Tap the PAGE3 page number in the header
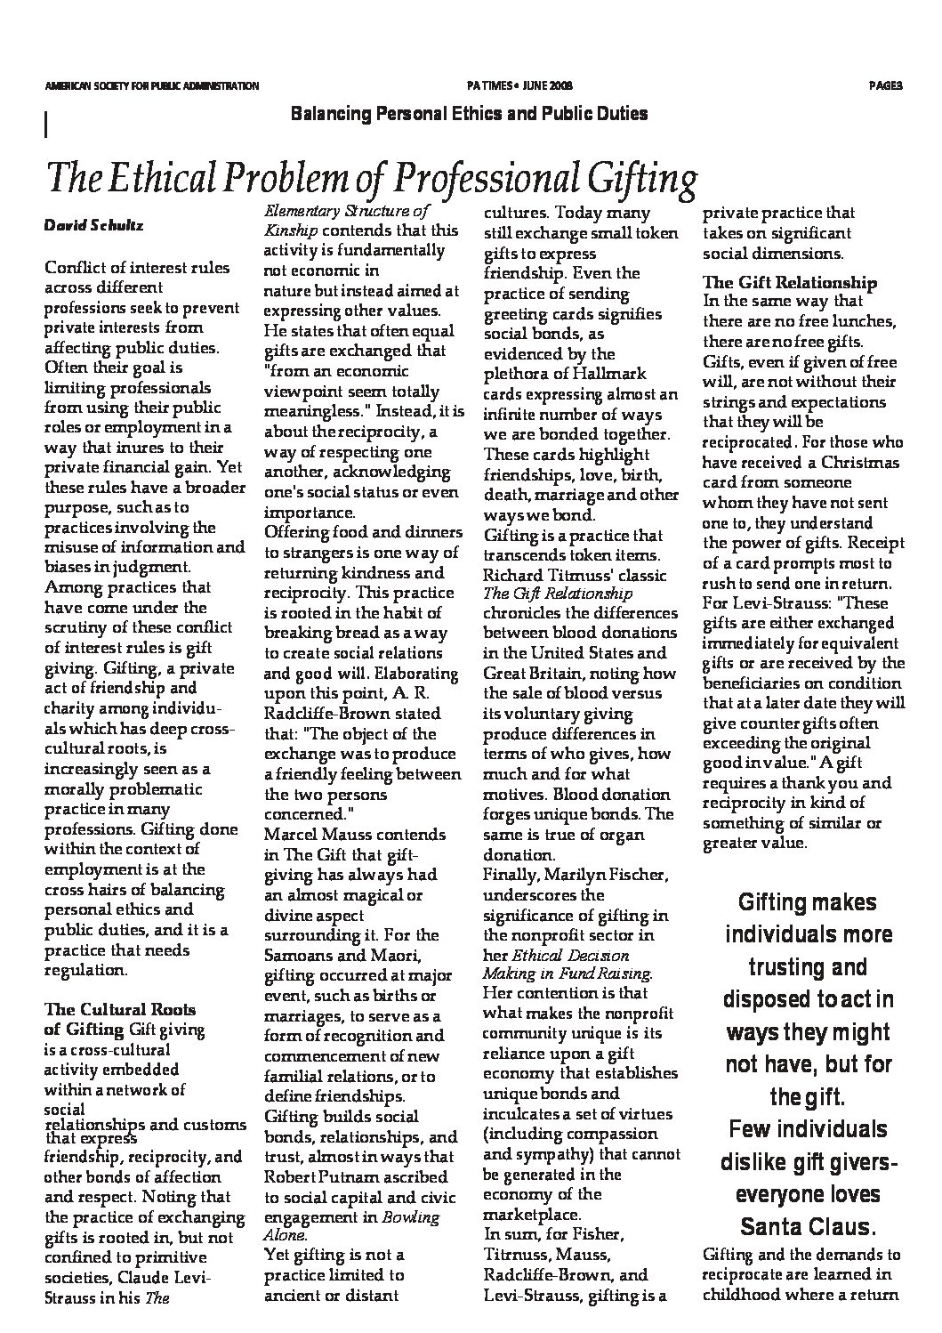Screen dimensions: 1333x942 [885, 86]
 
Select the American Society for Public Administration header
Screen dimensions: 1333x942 [151, 86]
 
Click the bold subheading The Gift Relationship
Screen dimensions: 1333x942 [790, 283]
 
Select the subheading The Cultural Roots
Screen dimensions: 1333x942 [120, 1010]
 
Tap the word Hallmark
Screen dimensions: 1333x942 [608, 374]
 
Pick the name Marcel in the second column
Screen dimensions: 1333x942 [293, 835]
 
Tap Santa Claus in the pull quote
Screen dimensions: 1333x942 [808, 1227]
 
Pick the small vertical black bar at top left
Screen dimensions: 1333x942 [44, 124]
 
